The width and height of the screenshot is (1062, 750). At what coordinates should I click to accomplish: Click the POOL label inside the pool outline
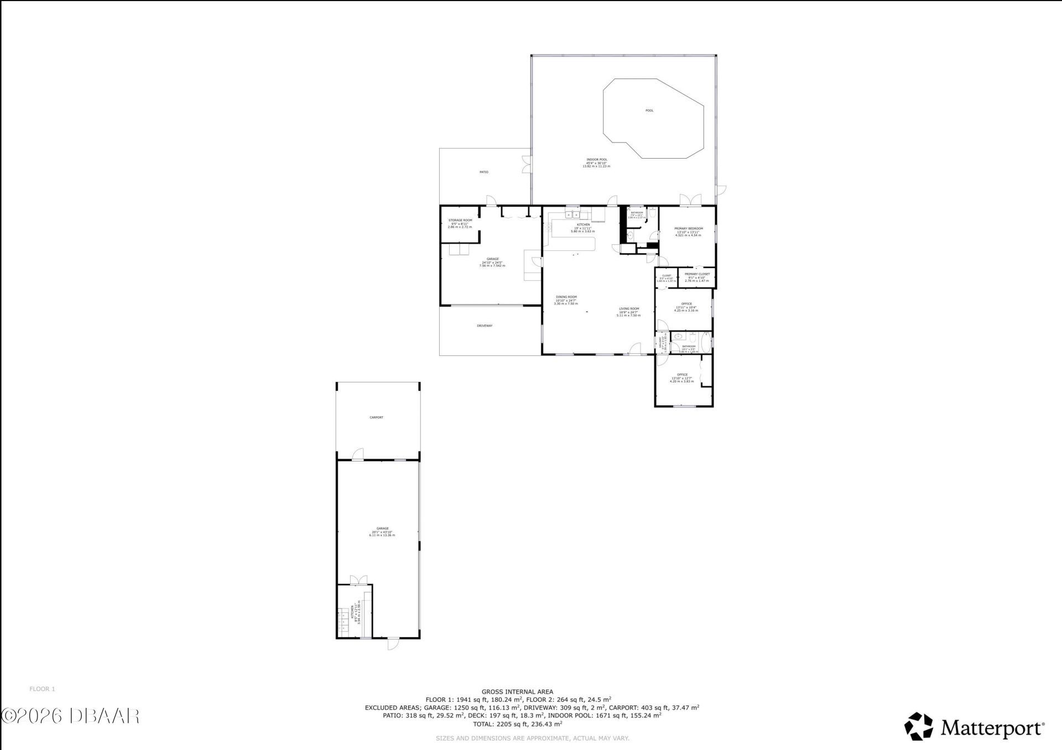(649, 111)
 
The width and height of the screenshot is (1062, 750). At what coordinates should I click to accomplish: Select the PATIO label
(484, 172)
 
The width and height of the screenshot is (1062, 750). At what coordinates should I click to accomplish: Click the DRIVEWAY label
(485, 326)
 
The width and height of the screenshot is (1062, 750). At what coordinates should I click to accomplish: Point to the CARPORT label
(376, 418)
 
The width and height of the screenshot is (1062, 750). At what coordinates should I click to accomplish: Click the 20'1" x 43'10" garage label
(382, 532)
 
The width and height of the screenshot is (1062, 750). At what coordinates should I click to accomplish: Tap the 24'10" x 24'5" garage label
(492, 262)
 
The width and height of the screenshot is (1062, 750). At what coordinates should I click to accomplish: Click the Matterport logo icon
(918, 726)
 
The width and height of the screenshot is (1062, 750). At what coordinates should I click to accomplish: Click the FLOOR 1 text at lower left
(42, 689)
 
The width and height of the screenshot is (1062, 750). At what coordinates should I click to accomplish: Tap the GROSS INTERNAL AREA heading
(517, 691)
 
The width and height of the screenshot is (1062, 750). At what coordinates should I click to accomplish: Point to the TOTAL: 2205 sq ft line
(517, 723)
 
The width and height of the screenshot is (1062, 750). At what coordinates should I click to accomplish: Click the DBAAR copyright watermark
(71, 716)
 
